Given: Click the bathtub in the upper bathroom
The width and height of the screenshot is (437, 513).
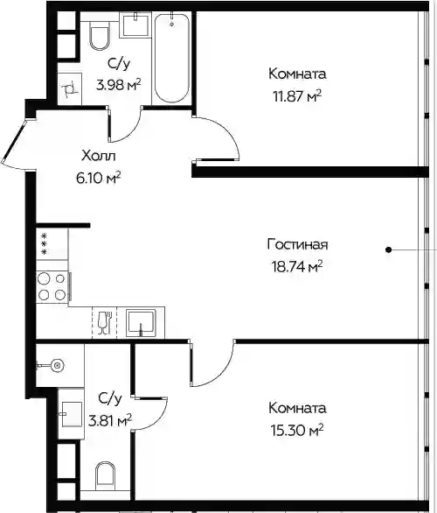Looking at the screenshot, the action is [x=172, y=58].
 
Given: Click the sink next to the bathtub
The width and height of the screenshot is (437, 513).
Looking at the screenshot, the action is [x=135, y=25].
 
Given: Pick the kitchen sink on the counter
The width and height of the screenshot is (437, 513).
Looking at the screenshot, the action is [x=141, y=322].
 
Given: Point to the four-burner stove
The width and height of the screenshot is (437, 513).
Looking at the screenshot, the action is [x=52, y=287].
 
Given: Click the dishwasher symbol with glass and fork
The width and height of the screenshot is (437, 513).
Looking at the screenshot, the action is [x=105, y=322].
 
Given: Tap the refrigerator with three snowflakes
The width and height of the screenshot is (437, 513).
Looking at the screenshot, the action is [x=52, y=243].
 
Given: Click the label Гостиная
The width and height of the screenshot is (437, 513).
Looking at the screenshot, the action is [x=297, y=245].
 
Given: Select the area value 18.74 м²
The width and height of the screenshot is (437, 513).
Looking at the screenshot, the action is [x=297, y=267].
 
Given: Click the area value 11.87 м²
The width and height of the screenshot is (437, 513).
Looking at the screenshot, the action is [x=297, y=96].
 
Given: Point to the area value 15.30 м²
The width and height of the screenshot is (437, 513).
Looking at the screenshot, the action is [x=297, y=431].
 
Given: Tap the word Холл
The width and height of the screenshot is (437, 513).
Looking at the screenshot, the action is [x=98, y=156].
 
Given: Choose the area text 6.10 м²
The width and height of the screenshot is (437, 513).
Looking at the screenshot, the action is [x=98, y=179].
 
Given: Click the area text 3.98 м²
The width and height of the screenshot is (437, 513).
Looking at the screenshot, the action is [x=119, y=85].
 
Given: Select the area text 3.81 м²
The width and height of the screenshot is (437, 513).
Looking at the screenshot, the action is [x=110, y=421].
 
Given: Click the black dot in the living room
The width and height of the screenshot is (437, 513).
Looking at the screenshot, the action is [x=388, y=250].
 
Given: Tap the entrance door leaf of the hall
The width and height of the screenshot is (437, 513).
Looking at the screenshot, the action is [x=14, y=142].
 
